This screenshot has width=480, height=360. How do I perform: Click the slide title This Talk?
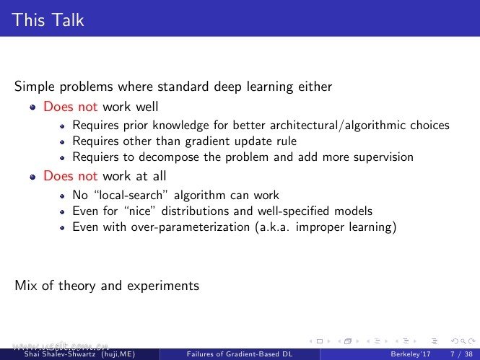coord(48,20)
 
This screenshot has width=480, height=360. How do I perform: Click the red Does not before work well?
coord(71,107)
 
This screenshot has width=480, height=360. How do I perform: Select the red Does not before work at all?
coord(71,176)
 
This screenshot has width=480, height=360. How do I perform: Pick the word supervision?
coord(383,157)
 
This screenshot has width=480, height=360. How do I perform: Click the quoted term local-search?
coord(131,195)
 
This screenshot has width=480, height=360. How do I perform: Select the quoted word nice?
coord(140,211)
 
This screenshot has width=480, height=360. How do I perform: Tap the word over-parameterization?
coord(191,227)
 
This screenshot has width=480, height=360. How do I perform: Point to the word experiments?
coord(163,286)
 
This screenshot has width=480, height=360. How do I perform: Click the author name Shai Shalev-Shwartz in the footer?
coord(60,354)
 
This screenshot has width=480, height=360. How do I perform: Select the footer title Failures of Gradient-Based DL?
coord(240,354)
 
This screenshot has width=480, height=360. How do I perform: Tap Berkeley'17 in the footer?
coord(411,354)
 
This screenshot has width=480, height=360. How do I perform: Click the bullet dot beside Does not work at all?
coord(32,177)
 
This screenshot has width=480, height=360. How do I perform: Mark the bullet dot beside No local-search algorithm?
coord(62,196)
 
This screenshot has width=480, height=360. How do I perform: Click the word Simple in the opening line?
coord(35,87)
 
